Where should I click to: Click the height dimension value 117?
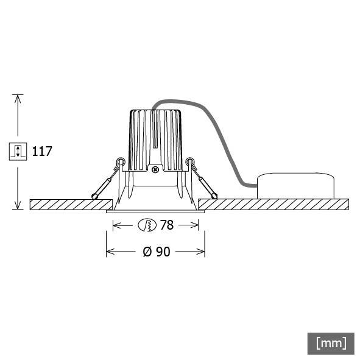[42, 151]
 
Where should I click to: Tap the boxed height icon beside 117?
[18, 151]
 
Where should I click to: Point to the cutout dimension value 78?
[167, 225]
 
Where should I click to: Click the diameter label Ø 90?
[157, 251]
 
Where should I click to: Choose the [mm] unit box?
[331, 342]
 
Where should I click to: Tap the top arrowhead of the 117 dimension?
[18, 98]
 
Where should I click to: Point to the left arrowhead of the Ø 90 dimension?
[110, 251]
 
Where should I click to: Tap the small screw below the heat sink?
[155, 170]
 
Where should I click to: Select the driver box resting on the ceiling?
[295, 185]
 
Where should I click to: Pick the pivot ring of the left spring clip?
[121, 162]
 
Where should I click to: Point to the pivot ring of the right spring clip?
[191, 162]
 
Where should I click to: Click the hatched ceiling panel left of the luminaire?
[70, 203]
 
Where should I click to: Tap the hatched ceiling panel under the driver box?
[292, 203]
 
